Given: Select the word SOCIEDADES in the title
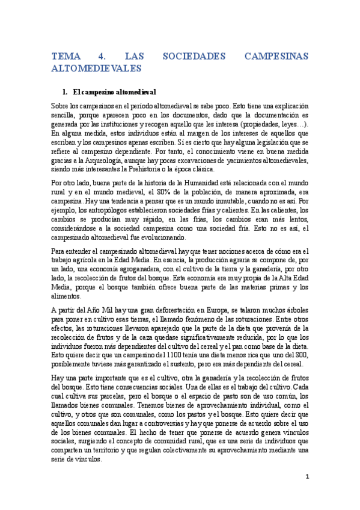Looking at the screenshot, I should pos(194,56).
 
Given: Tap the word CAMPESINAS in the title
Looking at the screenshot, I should pos(277,56).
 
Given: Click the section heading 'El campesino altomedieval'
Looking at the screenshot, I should pos(114,92).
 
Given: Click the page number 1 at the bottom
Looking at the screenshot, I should pos(307,477).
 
